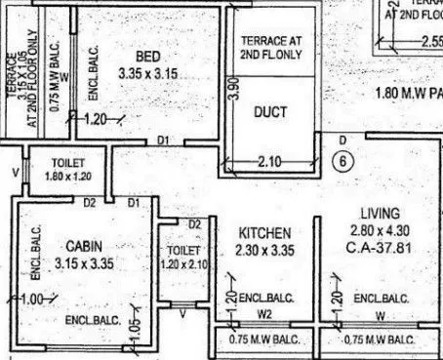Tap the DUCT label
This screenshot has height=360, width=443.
coord(269,113)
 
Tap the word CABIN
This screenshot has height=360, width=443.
coord(72,245)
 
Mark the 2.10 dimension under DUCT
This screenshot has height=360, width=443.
coord(270,162)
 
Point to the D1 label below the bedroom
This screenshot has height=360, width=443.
coord(163,141)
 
